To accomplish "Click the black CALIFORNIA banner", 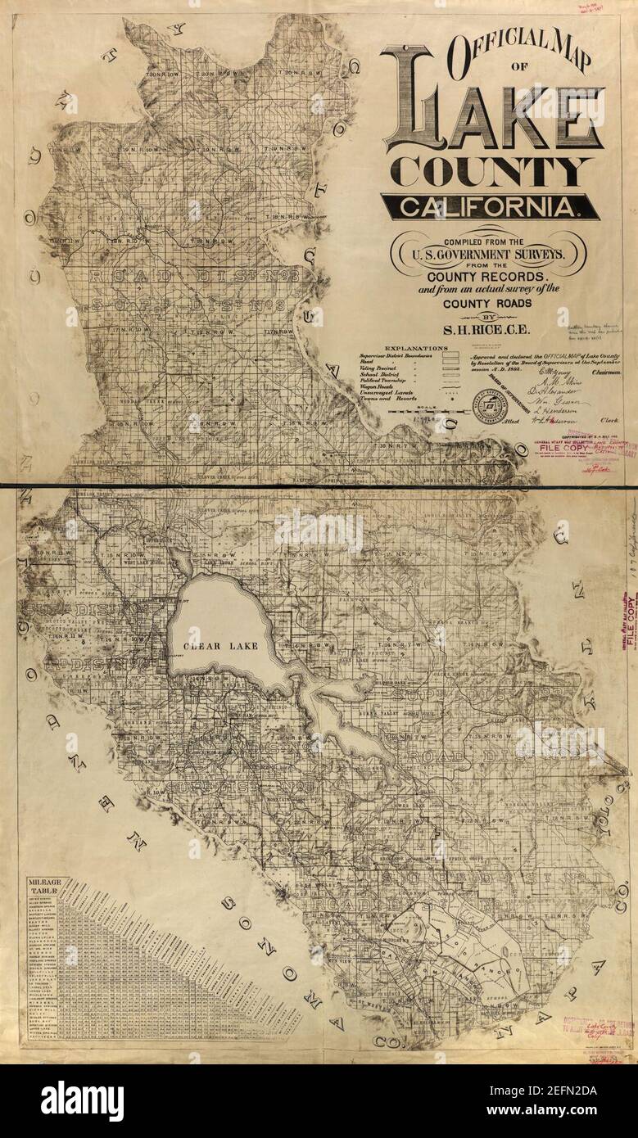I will [x=490, y=206].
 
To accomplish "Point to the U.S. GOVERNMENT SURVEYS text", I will [x=488, y=255].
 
